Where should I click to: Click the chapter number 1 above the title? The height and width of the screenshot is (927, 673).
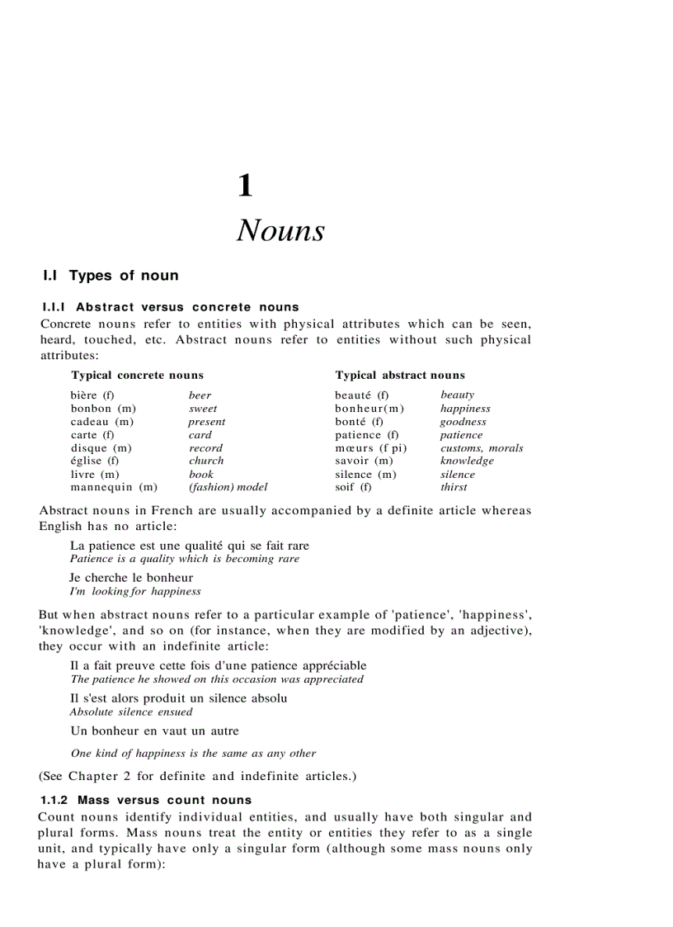pyautogui.click(x=245, y=186)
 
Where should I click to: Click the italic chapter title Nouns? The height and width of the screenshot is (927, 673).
pyautogui.click(x=280, y=230)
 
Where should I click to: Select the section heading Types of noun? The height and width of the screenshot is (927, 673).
pyautogui.click(x=111, y=276)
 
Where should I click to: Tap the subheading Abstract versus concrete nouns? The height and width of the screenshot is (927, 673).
pyautogui.click(x=170, y=307)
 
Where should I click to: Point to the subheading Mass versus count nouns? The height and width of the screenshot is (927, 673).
pyautogui.click(x=146, y=800)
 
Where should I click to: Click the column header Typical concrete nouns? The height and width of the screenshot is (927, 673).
pyautogui.click(x=137, y=375)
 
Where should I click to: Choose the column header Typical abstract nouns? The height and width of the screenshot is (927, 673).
pyautogui.click(x=399, y=375)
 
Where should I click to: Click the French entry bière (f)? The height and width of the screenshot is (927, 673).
pyautogui.click(x=92, y=395)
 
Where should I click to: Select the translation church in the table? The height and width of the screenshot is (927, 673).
pyautogui.click(x=206, y=461)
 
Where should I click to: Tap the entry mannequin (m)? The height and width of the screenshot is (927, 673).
pyautogui.click(x=114, y=487)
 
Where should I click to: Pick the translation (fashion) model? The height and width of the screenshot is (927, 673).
pyautogui.click(x=228, y=487)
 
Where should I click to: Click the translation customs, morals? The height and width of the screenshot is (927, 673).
pyautogui.click(x=482, y=448)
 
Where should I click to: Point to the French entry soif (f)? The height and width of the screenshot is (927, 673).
pyautogui.click(x=353, y=487)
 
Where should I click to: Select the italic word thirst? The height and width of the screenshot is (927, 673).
pyautogui.click(x=454, y=487)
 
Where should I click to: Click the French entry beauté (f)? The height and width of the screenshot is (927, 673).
pyautogui.click(x=361, y=395)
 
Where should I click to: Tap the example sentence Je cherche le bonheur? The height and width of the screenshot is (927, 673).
pyautogui.click(x=132, y=578)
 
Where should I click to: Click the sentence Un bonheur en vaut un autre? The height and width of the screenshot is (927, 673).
pyautogui.click(x=154, y=731)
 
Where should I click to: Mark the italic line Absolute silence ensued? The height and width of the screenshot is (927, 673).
pyautogui.click(x=131, y=712)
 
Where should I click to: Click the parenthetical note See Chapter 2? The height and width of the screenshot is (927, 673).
pyautogui.click(x=197, y=776)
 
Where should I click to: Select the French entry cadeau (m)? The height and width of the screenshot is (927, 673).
pyautogui.click(x=102, y=422)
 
